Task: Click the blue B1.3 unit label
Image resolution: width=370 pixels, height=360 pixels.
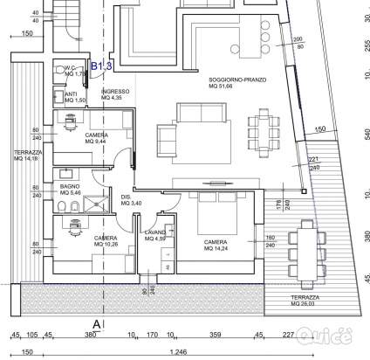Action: (102, 66)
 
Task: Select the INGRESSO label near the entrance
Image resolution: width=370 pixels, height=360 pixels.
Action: (116, 94)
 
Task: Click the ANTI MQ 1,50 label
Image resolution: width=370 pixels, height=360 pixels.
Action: (74, 97)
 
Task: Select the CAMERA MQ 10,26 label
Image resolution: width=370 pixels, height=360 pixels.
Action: (106, 241)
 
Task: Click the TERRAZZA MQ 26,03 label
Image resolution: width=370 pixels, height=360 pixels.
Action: (310, 301)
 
